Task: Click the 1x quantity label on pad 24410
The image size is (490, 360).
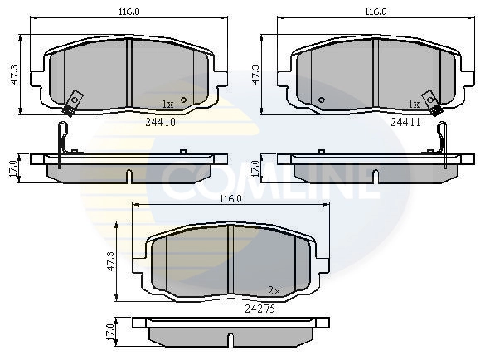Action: coord(167,104)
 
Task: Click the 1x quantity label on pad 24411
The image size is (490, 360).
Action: coord(414,104)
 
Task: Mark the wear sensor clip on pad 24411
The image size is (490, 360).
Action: coord(432,101)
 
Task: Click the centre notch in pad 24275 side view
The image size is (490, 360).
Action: coord(230,340)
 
